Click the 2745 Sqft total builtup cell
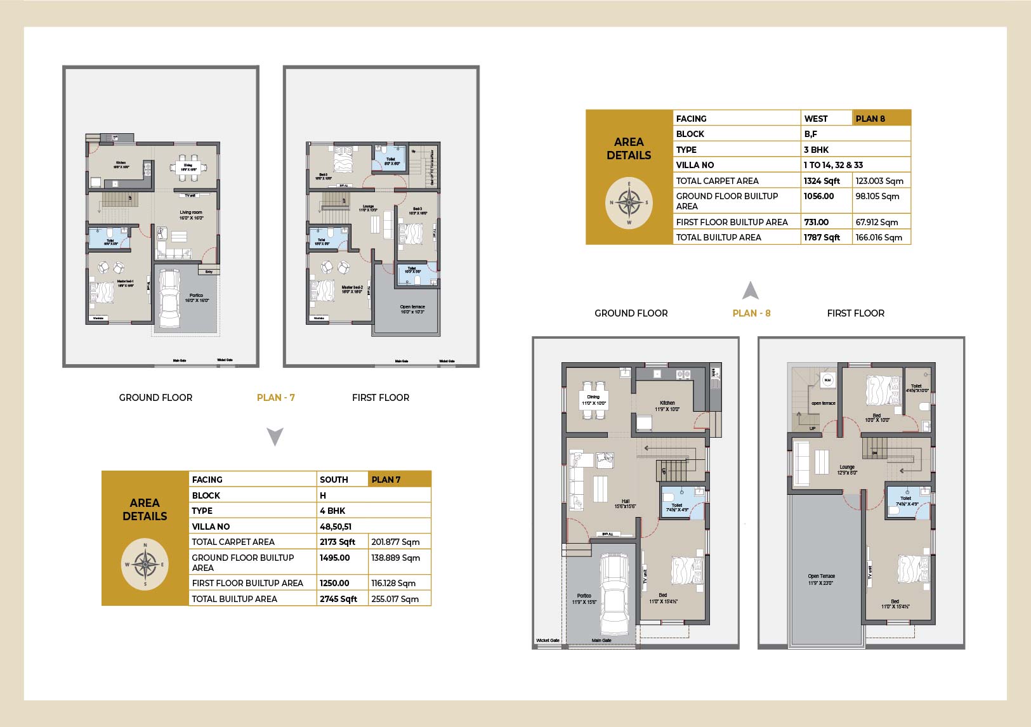pos(339,598)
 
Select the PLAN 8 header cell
pos(881,119)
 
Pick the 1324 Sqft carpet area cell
pos(822,181)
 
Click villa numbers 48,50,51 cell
pos(336,527)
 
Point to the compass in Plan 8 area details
pos(629,204)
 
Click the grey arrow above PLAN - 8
pos(751,291)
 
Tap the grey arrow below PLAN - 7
pos(275,436)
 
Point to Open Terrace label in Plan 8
pos(821,579)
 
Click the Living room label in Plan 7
pos(190,215)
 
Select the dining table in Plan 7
pos(188,167)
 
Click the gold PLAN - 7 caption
pos(275,398)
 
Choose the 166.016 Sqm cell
pos(879,237)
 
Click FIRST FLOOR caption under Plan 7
pos(381,398)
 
